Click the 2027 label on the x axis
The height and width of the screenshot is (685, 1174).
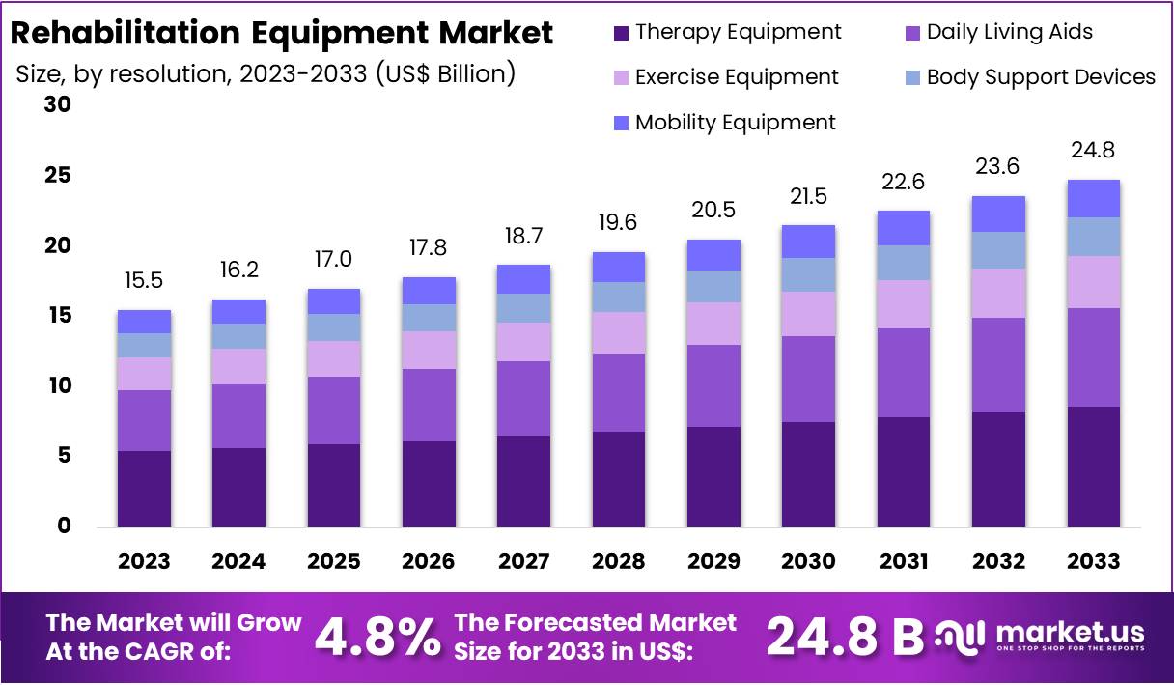523,561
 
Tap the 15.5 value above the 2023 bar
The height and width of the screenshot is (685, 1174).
144,280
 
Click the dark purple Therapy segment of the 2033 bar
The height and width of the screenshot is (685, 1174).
1094,466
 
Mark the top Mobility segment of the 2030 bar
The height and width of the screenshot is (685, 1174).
808,242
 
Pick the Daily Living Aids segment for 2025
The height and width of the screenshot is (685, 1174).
333,411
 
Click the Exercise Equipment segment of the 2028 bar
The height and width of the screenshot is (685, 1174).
618,332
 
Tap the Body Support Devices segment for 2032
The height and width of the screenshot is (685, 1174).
998,250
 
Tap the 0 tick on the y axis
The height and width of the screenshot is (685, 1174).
65,527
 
